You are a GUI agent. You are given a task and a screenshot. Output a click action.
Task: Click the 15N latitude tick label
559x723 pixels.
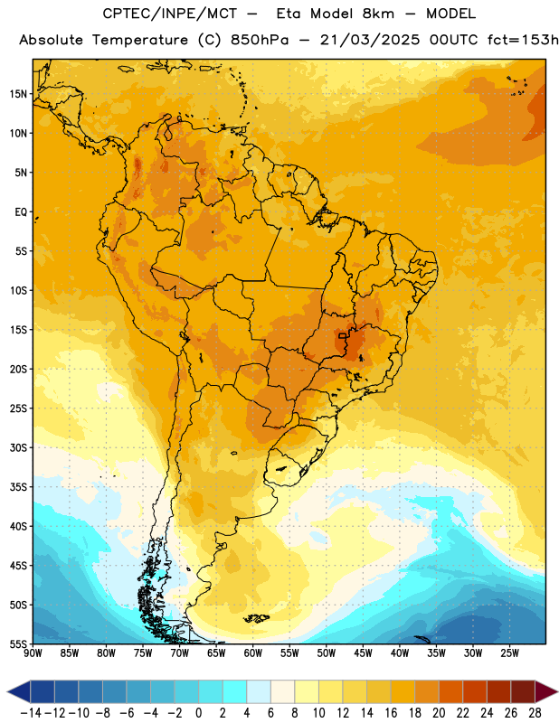click(18, 94)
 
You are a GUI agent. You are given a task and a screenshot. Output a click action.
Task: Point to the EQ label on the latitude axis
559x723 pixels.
click(21, 212)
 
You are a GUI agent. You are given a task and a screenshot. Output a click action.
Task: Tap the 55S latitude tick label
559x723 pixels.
click(18, 643)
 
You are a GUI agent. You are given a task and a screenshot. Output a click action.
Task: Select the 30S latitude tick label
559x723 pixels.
click(18, 447)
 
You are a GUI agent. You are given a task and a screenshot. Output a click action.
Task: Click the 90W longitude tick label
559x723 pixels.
click(33, 653)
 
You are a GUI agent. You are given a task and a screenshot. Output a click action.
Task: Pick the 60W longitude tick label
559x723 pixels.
click(253, 653)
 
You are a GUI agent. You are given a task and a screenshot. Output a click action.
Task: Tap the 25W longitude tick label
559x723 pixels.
click(509, 653)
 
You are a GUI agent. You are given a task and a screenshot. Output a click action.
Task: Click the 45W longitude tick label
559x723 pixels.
click(363, 653)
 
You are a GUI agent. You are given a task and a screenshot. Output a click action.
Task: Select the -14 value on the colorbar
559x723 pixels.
click(31, 713)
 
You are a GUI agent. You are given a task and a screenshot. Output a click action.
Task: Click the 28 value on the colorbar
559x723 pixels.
click(535, 713)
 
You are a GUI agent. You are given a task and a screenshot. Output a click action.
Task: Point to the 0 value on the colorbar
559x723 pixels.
click(198, 713)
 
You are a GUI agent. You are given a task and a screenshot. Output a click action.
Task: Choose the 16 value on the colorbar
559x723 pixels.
click(391, 713)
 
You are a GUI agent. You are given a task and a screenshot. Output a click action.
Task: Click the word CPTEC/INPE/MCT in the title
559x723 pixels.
click(169, 14)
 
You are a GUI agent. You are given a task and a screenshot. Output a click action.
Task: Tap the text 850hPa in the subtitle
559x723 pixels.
click(260, 40)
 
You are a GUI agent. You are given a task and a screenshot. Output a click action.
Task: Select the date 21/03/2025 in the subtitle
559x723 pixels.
click(370, 40)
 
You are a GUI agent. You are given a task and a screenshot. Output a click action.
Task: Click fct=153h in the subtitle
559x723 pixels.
click(523, 40)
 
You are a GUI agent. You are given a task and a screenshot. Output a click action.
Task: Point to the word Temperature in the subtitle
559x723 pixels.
click(140, 41)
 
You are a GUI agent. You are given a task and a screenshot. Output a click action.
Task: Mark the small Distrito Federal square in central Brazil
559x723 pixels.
click(342, 336)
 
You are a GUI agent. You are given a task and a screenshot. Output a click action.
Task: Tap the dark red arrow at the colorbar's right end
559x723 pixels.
click(546, 691)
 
